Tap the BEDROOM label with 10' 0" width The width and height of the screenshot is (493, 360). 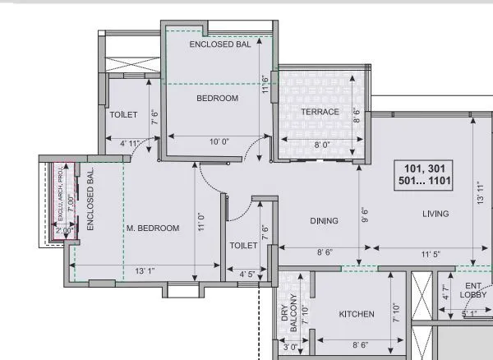click(x=217, y=99)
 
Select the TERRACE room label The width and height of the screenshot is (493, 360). click(x=320, y=112)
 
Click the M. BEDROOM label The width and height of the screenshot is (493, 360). click(x=152, y=228)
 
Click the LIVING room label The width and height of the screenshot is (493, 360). click(x=435, y=214)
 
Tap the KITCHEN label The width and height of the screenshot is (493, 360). click(x=357, y=314)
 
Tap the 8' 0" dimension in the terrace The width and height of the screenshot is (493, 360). click(x=320, y=145)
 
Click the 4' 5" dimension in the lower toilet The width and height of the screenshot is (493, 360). click(x=249, y=274)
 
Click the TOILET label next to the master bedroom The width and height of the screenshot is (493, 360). click(x=245, y=246)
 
